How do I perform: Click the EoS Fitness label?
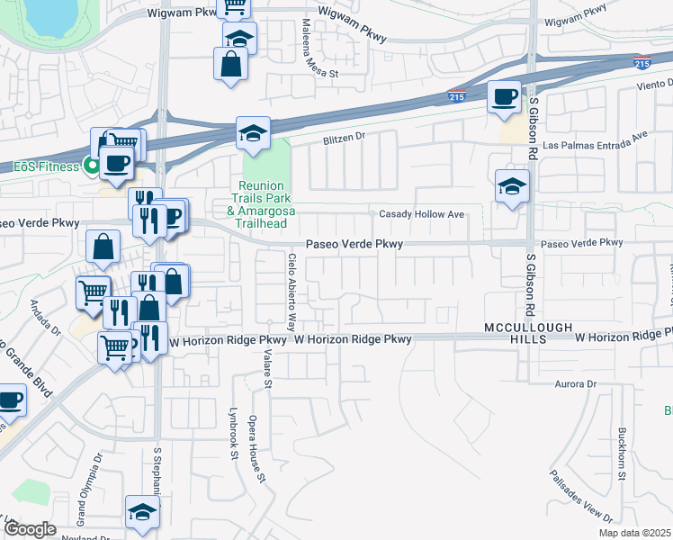(x=47, y=166)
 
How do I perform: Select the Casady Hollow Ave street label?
(x=421, y=214)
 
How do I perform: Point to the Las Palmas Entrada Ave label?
(x=607, y=136)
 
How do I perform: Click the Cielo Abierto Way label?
(x=292, y=290)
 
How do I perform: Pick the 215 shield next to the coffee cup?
(x=456, y=96)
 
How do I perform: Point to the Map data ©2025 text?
(x=633, y=533)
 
